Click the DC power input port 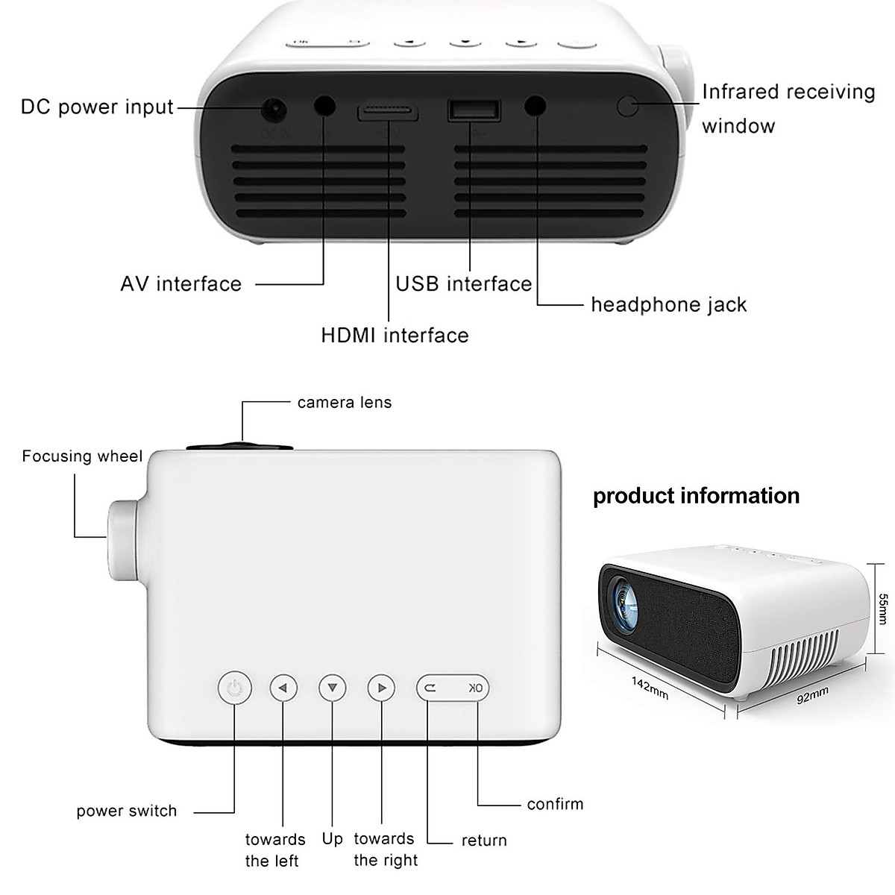click(274, 111)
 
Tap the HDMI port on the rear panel click(387, 113)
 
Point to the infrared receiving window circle click(628, 106)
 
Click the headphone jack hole click(535, 106)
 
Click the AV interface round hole click(324, 106)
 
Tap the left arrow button click(283, 688)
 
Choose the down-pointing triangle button click(333, 688)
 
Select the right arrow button click(382, 688)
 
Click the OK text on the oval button click(475, 688)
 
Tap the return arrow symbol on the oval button click(431, 688)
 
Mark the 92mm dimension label click(813, 694)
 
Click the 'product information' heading click(696, 496)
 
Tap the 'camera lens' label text click(344, 403)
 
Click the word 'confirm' click(555, 804)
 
